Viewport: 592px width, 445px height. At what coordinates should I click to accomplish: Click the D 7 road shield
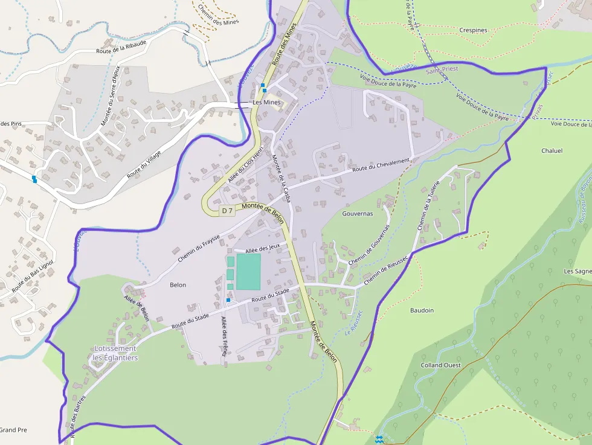pyautogui.click(x=227, y=211)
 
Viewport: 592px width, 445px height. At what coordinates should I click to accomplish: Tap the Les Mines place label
pyautogui.click(x=266, y=103)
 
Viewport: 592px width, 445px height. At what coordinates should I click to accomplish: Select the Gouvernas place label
pyautogui.click(x=358, y=214)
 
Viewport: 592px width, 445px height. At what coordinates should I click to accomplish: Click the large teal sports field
pyautogui.click(x=248, y=271)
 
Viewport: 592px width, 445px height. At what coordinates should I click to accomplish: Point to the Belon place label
pyautogui.click(x=178, y=285)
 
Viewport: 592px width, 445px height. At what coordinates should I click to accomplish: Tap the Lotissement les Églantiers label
pyautogui.click(x=115, y=353)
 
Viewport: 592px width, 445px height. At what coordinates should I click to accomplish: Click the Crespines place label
pyautogui.click(x=473, y=30)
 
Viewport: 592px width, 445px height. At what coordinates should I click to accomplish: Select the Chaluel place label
pyautogui.click(x=552, y=151)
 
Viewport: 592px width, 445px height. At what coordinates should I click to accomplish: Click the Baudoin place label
pyautogui.click(x=422, y=310)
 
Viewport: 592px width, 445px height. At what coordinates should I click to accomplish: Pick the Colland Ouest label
pyautogui.click(x=441, y=365)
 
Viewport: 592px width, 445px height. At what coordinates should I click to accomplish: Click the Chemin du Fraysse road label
pyautogui.click(x=199, y=248)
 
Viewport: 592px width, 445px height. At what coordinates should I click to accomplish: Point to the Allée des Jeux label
pyautogui.click(x=262, y=248)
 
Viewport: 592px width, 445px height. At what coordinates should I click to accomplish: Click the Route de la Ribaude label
pyautogui.click(x=121, y=48)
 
